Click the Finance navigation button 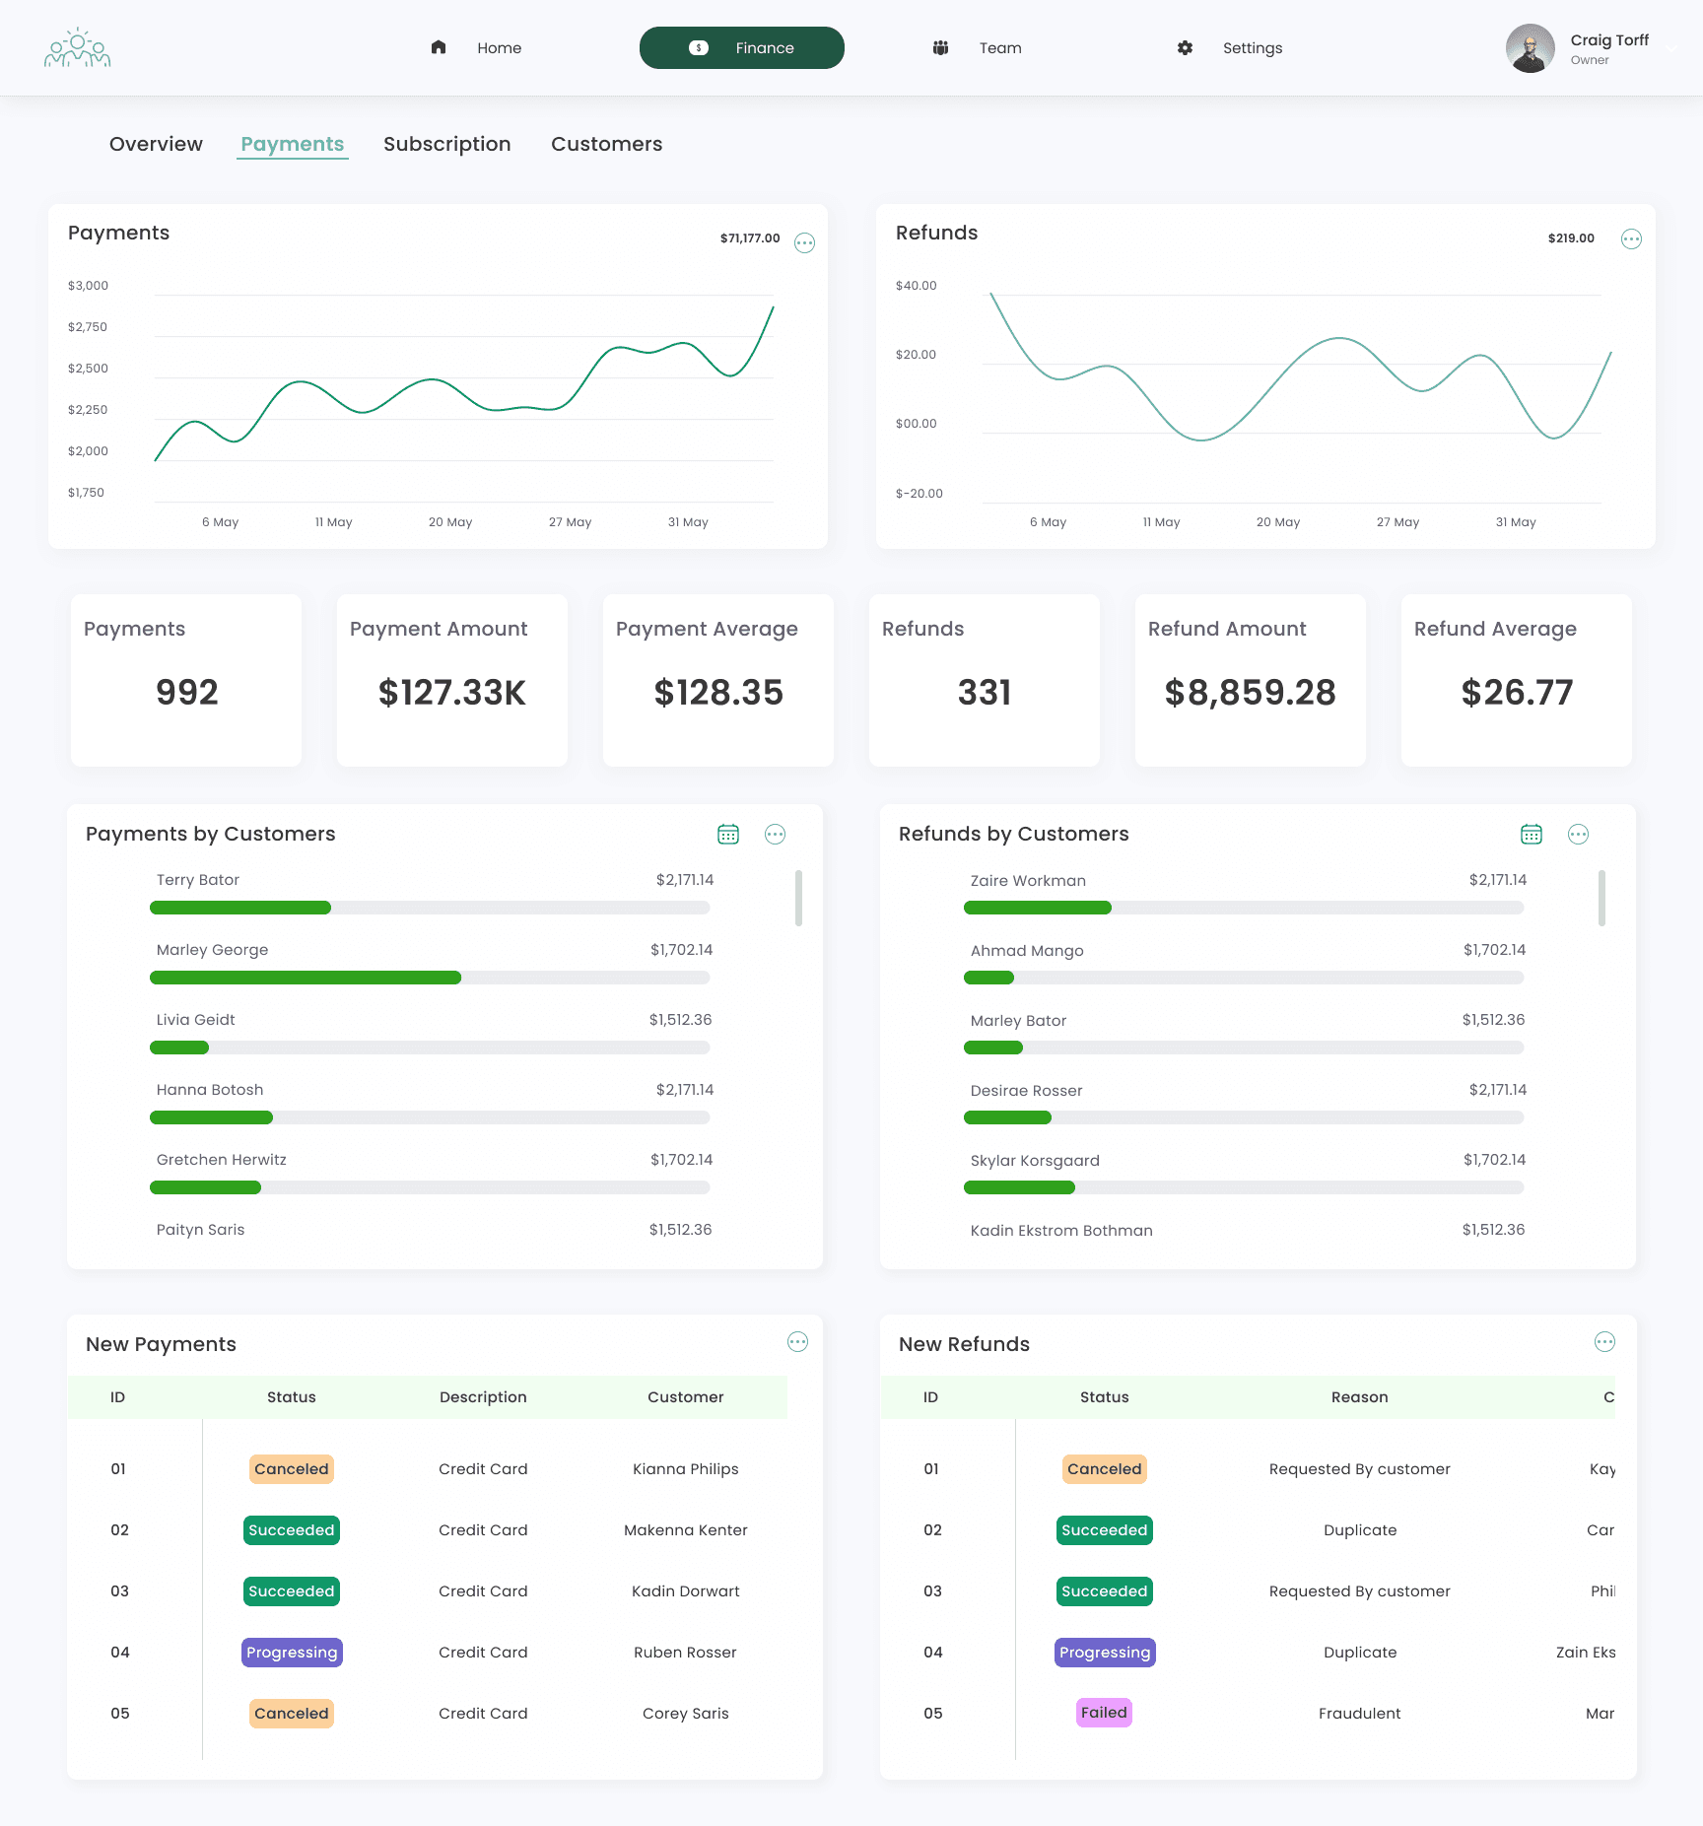click(x=741, y=47)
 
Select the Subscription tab click(x=447, y=144)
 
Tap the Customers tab click(x=606, y=144)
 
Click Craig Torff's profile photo click(x=1530, y=48)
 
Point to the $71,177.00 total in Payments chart click(x=750, y=238)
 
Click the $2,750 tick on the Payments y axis click(x=88, y=327)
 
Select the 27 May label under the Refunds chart click(x=1397, y=522)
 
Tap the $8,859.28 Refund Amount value click(x=1250, y=693)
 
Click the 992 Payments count click(x=186, y=693)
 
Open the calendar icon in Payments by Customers click(x=728, y=835)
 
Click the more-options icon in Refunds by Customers click(x=1578, y=835)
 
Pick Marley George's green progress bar click(x=306, y=978)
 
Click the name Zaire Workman click(x=1028, y=881)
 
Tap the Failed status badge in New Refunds click(x=1104, y=1713)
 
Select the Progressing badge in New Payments click(x=292, y=1653)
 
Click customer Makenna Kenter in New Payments click(x=686, y=1530)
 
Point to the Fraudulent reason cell click(x=1359, y=1714)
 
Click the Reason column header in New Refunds click(x=1359, y=1397)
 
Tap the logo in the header click(x=77, y=48)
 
